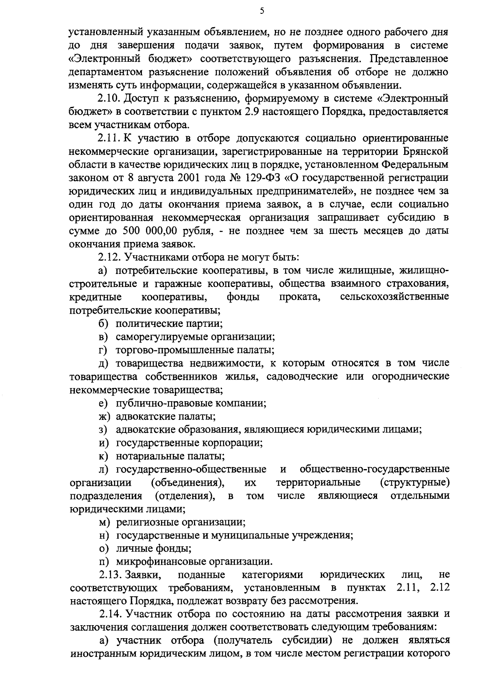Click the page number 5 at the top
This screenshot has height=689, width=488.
click(x=262, y=11)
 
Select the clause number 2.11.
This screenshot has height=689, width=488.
click(x=109, y=138)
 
